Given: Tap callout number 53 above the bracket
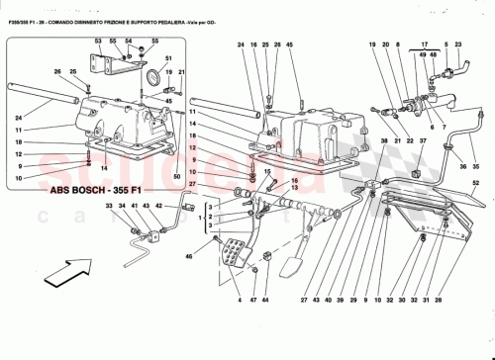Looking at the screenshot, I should pos(98,42).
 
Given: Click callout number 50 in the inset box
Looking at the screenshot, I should pos(177,175).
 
